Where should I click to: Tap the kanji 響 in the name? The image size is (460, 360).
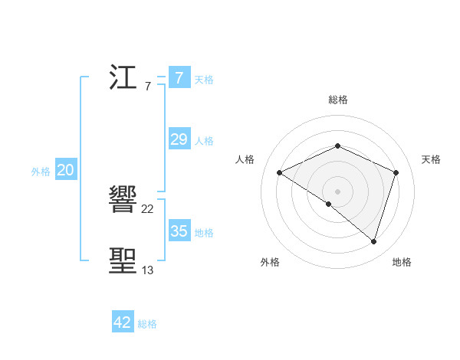pos(125,201)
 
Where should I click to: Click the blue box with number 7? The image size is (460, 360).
pos(179,77)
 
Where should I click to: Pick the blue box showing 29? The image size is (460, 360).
pos(179,139)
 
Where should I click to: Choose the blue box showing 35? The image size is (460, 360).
pos(179,231)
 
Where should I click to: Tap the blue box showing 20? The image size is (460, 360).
pos(65,170)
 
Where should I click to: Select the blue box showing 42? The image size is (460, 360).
pos(123,322)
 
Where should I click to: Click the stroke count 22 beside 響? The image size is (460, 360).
pos(148,209)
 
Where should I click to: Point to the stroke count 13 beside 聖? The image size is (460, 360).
pos(147,270)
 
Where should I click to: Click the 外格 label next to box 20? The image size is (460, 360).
pos(41,172)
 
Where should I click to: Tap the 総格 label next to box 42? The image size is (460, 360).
pos(147,324)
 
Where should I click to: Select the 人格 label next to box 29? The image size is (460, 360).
pos(204,141)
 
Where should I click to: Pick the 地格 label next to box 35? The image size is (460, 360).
pos(204,233)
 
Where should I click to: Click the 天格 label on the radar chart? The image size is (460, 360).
pos(432,159)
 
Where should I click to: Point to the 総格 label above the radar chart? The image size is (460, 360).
pos(337,100)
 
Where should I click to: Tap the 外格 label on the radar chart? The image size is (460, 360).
pos(270,262)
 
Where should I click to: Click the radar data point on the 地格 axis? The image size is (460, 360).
pos(373,241)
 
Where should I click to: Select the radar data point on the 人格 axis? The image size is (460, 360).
pos(280,172)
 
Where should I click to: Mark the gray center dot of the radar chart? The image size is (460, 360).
pos(337,191)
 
